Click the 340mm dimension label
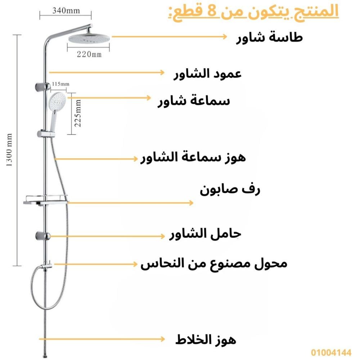tap(66, 10)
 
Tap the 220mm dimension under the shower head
tap(89, 54)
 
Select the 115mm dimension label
tap(60, 84)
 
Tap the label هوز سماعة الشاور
tap(193, 158)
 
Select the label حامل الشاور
tap(205, 234)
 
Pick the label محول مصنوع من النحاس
tap(214, 264)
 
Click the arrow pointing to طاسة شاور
tap(169, 36)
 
